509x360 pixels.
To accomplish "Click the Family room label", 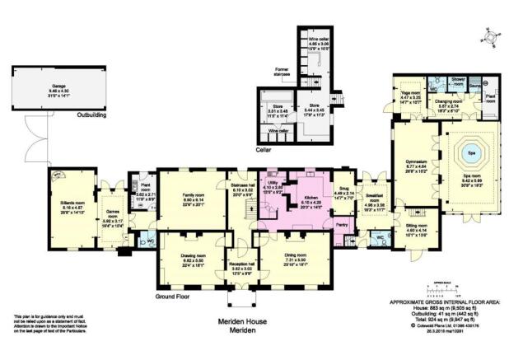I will click(193, 195).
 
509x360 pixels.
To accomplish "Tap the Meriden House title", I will click(244, 321).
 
